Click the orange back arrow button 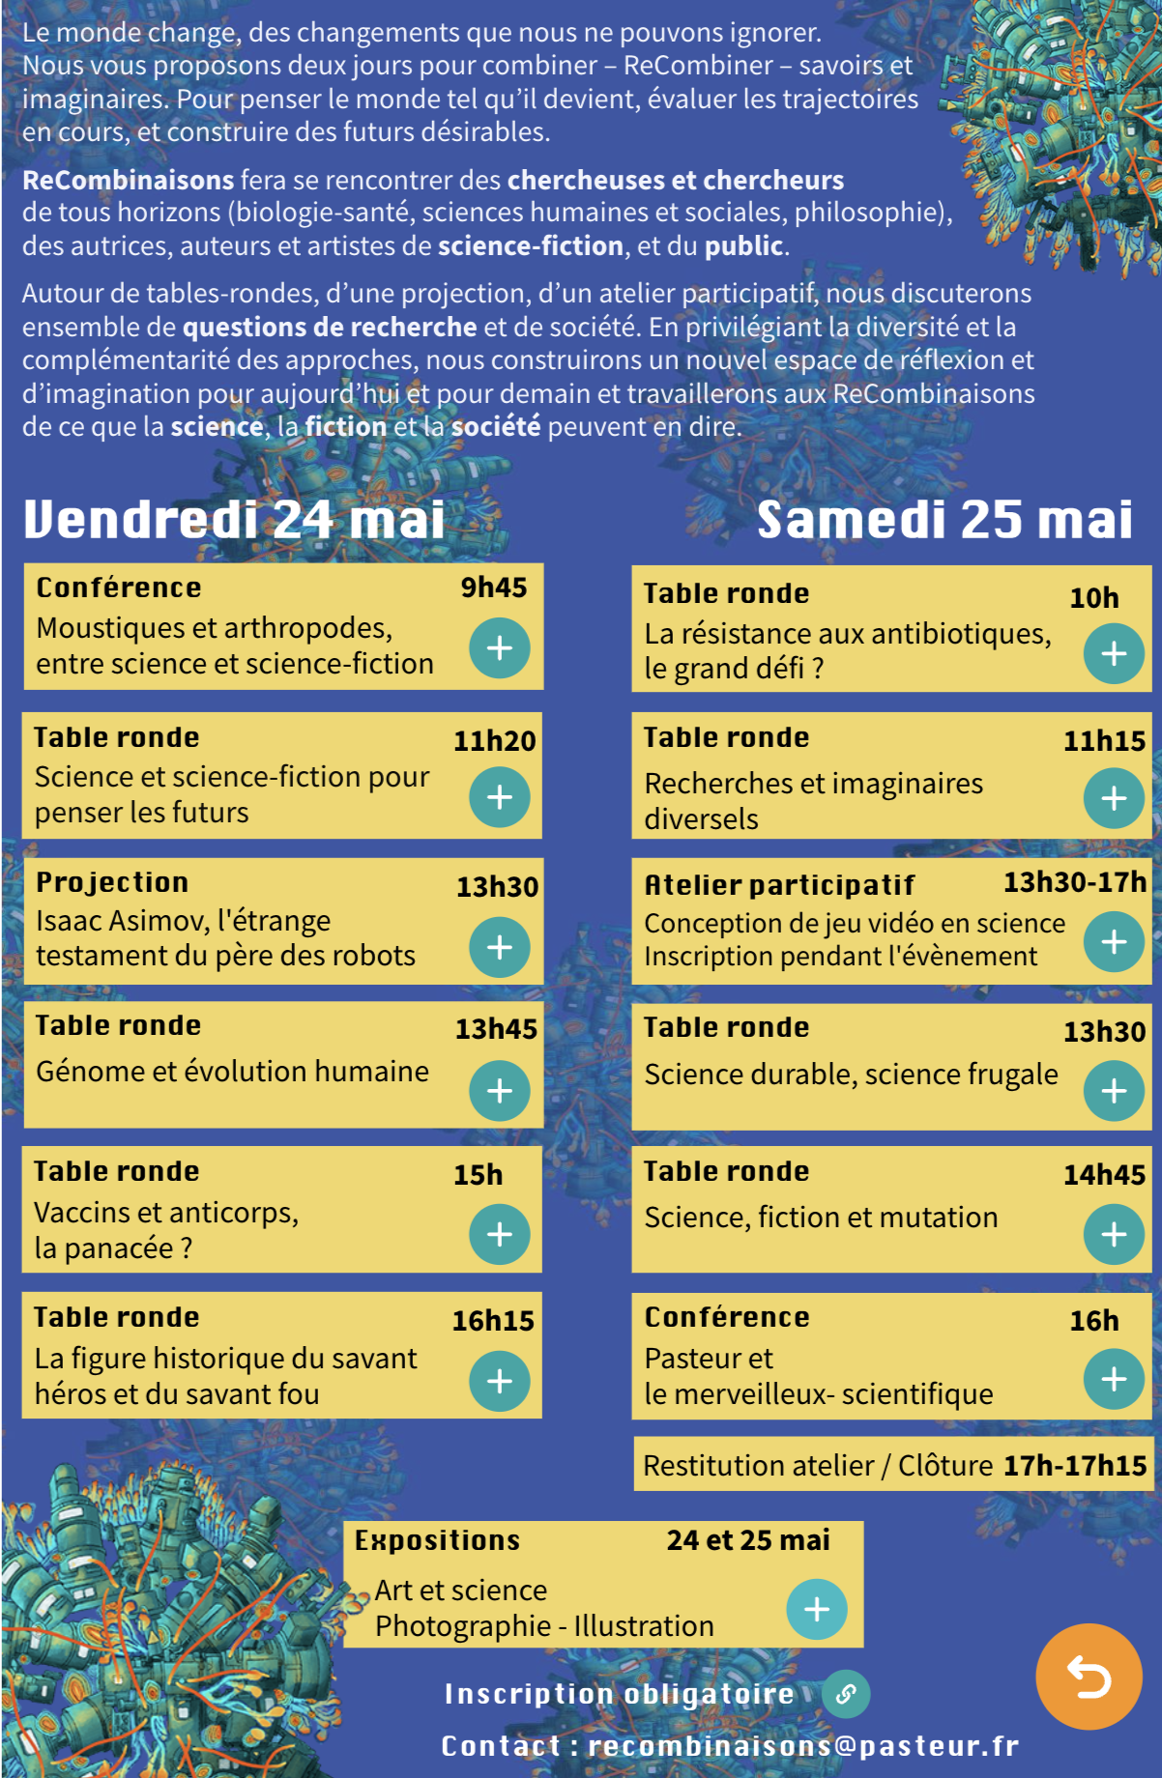[1089, 1677]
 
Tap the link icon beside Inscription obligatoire [846, 1694]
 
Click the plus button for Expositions [817, 1609]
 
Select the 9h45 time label [493, 588]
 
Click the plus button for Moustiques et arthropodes [499, 647]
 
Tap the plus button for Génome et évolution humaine [499, 1091]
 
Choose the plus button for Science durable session [1114, 1091]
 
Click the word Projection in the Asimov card [112, 882]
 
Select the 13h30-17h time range [1074, 882]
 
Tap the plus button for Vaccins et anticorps [499, 1234]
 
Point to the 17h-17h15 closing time [1074, 1466]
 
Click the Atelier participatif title [779, 884]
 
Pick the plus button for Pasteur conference [1114, 1379]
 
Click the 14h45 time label [1104, 1175]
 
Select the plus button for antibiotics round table [1114, 654]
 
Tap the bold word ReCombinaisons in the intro [129, 180]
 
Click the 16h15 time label [493, 1321]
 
